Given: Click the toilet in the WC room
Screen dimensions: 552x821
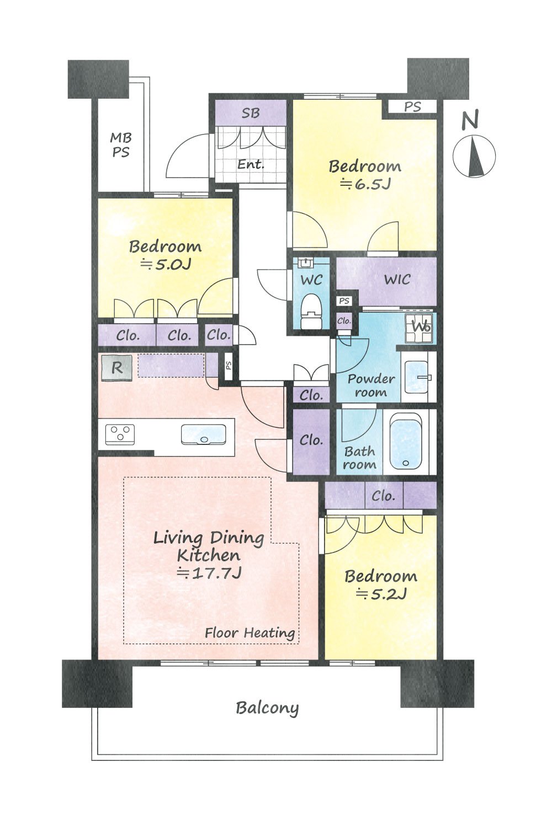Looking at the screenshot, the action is click(x=311, y=311).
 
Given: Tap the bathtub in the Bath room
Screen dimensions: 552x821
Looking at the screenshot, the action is click(x=405, y=441).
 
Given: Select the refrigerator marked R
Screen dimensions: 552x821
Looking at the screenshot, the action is click(x=116, y=368).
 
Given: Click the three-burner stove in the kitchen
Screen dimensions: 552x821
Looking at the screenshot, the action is click(x=120, y=434).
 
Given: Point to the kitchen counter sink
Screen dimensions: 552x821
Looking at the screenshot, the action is click(x=203, y=434).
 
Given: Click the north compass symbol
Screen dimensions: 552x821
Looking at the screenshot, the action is click(x=474, y=156).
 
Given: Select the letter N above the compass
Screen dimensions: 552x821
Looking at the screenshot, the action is click(x=470, y=120).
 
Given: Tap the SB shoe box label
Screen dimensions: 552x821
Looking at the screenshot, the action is click(x=251, y=113).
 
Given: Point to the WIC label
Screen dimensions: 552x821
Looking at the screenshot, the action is click(x=397, y=280).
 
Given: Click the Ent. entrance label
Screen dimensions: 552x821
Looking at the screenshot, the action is click(x=251, y=164).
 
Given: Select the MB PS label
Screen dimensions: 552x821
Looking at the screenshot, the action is click(x=121, y=145).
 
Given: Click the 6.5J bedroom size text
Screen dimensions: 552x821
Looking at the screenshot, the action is click(x=365, y=183).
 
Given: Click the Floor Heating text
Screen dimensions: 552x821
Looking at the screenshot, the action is click(x=250, y=632).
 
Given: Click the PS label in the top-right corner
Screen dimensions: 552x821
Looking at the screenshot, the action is click(x=412, y=107).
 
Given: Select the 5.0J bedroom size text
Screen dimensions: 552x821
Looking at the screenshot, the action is click(x=166, y=264).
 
